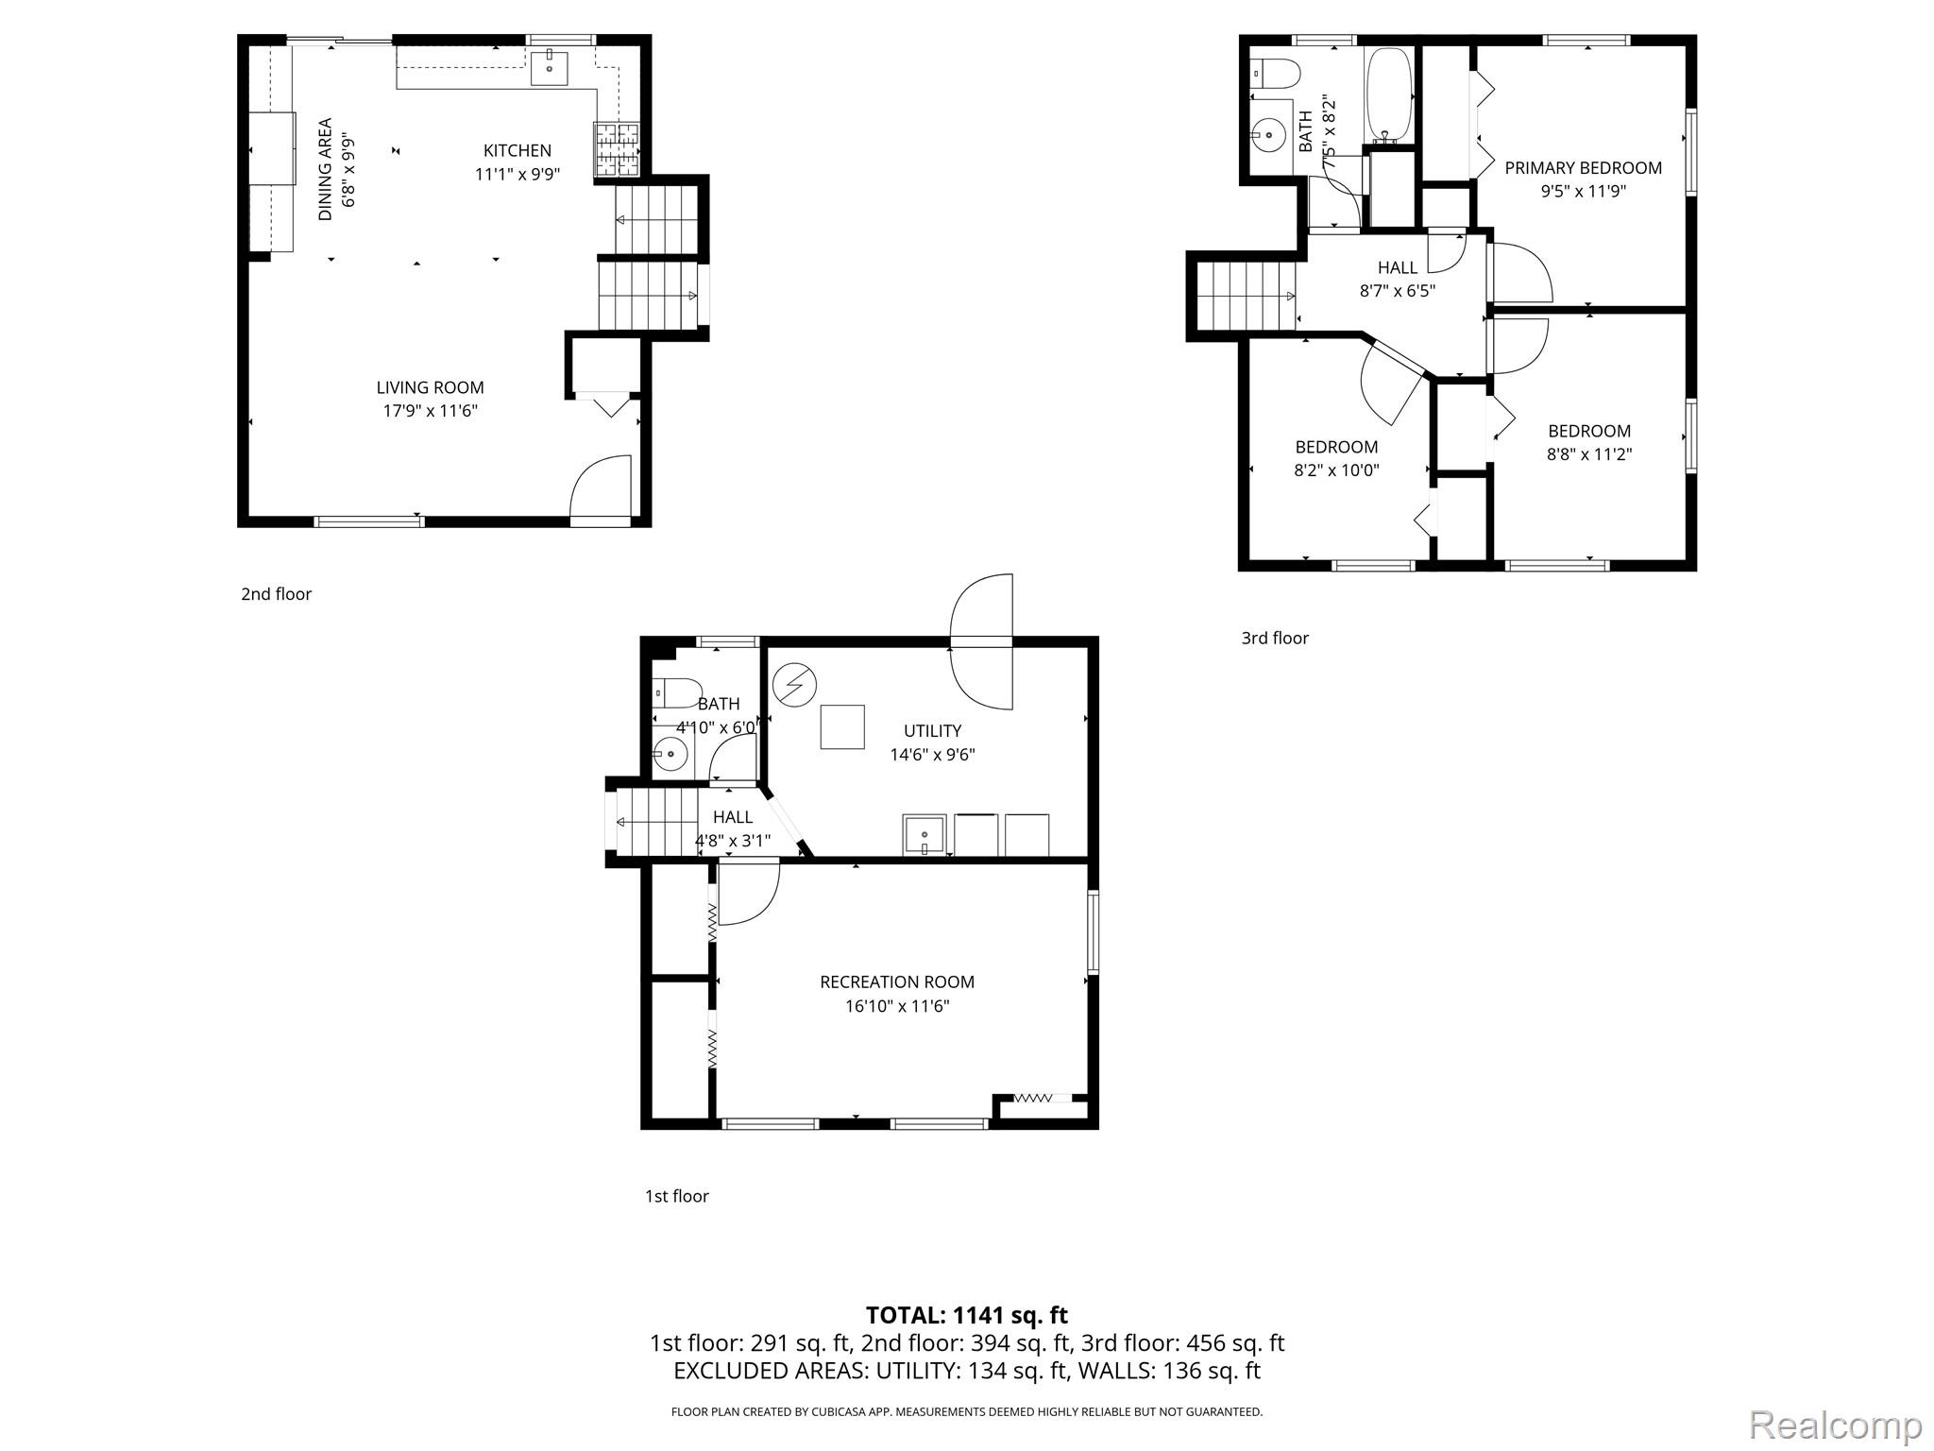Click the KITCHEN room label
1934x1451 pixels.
tap(517, 150)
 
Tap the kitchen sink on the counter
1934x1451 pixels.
tap(549, 68)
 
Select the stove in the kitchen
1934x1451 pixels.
tap(616, 150)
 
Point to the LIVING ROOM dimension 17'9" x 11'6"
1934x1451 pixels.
tap(430, 411)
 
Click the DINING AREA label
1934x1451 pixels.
tap(325, 169)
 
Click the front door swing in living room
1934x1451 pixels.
tap(602, 487)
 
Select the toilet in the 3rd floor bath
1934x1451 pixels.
tap(1275, 73)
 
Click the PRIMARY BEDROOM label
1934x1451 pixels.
tap(1583, 168)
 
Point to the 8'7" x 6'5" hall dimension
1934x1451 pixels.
tap(1397, 291)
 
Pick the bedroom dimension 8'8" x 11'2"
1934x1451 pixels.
tap(1588, 454)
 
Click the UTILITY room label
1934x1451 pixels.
tap(932, 730)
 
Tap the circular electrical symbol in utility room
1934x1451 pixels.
tap(794, 684)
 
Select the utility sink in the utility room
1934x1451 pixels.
tap(925, 835)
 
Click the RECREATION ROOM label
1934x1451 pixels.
tap(896, 982)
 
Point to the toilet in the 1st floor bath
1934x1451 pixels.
tap(676, 693)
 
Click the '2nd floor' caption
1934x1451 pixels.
tap(276, 594)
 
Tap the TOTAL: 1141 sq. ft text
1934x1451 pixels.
tap(966, 1315)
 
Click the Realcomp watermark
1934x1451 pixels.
tap(1835, 1424)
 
